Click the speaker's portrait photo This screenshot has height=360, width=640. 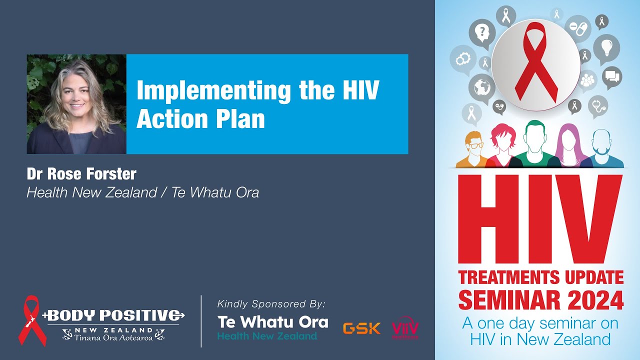[76, 104]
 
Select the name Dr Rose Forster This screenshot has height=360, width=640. [81, 174]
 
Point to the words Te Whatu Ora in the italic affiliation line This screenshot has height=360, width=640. [215, 192]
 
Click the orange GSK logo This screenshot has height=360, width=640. [361, 328]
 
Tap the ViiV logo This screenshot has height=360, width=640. [405, 329]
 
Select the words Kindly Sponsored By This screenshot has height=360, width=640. [271, 304]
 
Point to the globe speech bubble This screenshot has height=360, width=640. [481, 86]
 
